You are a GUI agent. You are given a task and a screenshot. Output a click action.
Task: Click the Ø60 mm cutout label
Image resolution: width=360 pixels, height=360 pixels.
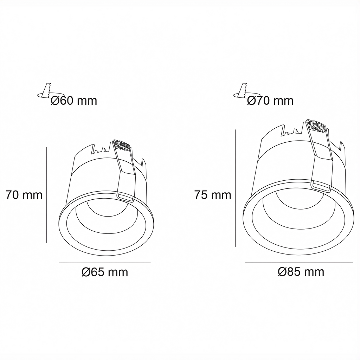coord(74,101)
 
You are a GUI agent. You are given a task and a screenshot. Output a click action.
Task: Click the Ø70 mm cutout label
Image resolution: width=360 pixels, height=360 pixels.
coord(270,101)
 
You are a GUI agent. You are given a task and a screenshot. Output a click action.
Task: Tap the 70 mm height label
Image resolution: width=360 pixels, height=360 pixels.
coord(24,195)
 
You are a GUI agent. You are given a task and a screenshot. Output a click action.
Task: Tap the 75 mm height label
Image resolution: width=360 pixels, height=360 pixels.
coord(213,195)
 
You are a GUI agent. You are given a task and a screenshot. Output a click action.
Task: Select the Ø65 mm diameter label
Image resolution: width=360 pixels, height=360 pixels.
coord(105,272)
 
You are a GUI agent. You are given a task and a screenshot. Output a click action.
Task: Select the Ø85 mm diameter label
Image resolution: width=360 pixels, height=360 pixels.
coord(301,272)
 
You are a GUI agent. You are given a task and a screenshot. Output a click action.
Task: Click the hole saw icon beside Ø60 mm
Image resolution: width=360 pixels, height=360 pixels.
coord(44,91)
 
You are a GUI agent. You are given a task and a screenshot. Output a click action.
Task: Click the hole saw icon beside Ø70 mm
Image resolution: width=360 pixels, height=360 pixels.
coord(240,91)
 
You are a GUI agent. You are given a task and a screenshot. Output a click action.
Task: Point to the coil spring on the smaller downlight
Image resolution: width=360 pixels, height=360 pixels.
coord(122,146)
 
